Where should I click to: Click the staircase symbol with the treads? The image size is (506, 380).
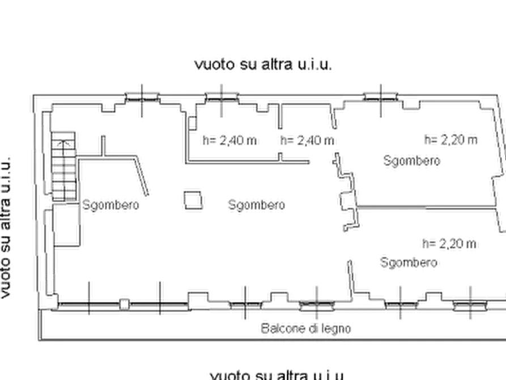tap(63, 166)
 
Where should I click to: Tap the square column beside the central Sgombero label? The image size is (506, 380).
tap(193, 200)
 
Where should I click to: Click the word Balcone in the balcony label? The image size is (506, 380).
tap(283, 328)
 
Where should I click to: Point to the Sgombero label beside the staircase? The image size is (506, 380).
tap(110, 205)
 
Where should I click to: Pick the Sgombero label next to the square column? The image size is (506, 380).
tap(257, 205)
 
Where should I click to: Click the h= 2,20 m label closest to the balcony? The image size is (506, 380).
tap(449, 244)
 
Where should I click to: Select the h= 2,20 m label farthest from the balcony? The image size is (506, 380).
tap(451, 140)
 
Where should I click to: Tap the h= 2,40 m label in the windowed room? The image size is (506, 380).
tap(229, 141)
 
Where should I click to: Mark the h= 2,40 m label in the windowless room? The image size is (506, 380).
tap(307, 141)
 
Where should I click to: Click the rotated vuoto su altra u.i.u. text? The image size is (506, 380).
tap(6, 228)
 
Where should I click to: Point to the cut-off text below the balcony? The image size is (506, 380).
tap(277, 375)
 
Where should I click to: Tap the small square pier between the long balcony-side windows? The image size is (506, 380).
tap(124, 304)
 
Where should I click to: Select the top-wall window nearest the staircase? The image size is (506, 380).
tap(142, 97)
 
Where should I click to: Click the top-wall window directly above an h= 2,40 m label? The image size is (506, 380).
tap(222, 97)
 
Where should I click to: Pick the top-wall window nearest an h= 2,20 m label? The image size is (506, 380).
tap(381, 96)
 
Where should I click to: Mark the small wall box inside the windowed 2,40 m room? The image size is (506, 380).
tap(192, 123)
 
